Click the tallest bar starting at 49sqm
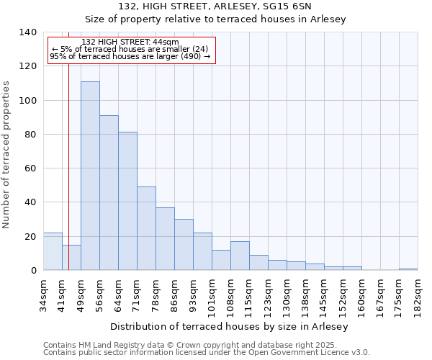pos(90,176)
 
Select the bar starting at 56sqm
pos(109,193)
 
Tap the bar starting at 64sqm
pos(127,201)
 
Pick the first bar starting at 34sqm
pos(53,251)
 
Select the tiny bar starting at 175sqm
pos(408,269)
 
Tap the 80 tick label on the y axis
pos(31,135)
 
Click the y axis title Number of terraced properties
pos(7,154)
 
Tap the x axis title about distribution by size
pos(230,327)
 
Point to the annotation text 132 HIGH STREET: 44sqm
pos(130,42)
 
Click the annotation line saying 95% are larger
pos(130,56)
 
